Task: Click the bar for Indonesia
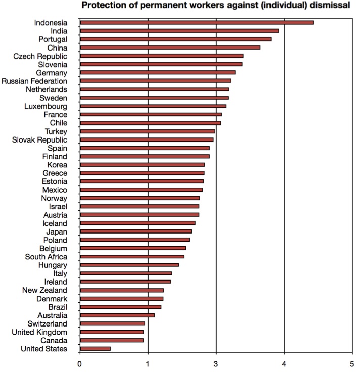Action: coord(197,22)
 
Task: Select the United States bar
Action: coord(95,348)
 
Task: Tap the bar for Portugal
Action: coord(175,39)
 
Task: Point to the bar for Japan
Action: coord(136,231)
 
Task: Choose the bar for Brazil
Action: coord(120,307)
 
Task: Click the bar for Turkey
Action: coord(147,131)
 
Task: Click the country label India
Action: coord(59,31)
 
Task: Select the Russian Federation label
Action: coord(34,81)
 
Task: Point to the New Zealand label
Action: coord(44,290)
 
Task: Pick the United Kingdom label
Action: coord(39,332)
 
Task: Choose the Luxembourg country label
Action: coord(46,106)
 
